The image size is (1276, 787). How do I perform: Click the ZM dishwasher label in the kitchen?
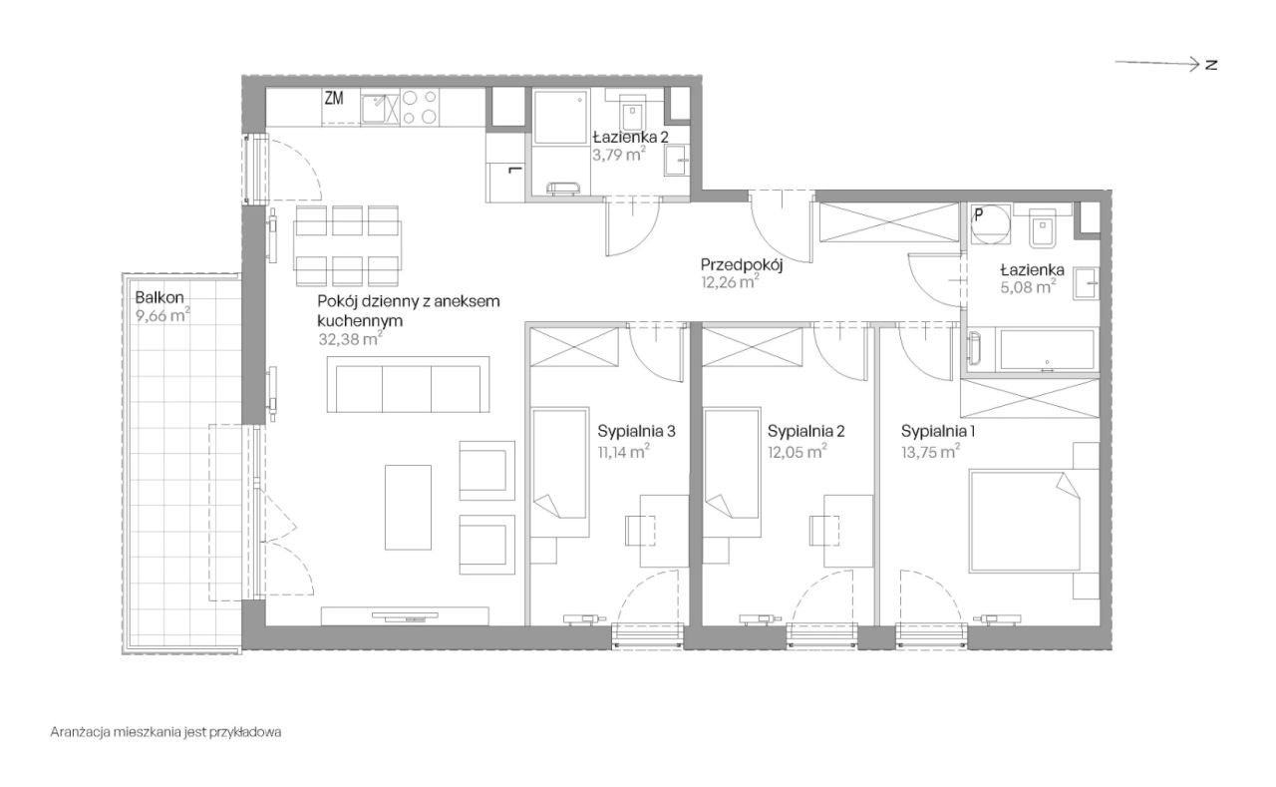point(334,99)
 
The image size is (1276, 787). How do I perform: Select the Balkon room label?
point(159,297)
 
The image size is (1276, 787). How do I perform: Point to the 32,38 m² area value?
point(350,339)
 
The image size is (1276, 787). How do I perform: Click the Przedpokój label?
point(742,264)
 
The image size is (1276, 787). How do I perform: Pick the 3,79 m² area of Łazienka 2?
point(619,154)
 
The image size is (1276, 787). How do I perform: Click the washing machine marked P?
point(991,224)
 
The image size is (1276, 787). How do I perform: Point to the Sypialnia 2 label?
point(806,431)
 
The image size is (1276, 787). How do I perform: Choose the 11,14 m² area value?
point(624,452)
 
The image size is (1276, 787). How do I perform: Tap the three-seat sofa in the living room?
point(408,384)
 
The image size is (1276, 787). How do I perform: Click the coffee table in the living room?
point(408,507)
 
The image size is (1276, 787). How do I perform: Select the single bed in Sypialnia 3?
point(560,472)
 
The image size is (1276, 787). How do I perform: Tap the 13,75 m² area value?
point(930,452)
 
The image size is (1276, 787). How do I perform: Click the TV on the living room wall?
point(405,616)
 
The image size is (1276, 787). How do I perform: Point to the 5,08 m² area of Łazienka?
point(1028,286)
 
